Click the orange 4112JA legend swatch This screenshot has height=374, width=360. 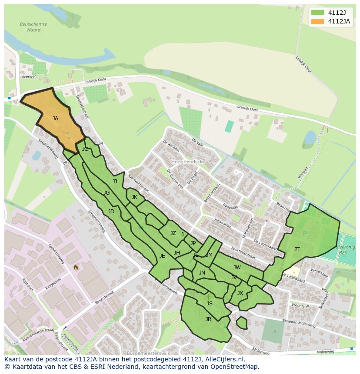point(318,21)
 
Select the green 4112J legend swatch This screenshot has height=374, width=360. point(318,13)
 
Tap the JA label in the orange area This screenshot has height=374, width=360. point(55,118)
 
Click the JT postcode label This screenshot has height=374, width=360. point(297,249)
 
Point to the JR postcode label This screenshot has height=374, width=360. point(208,319)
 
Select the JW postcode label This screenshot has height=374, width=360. point(237,268)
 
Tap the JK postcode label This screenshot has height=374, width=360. point(134,197)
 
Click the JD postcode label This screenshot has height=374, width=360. point(111,212)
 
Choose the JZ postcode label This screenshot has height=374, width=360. point(173,233)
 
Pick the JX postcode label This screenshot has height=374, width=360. point(240,293)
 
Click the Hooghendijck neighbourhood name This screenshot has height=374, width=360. point(187,161)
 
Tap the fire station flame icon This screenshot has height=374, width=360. point(76,267)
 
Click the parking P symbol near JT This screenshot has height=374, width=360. point(304,233)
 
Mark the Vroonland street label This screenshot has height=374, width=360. point(288,306)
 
